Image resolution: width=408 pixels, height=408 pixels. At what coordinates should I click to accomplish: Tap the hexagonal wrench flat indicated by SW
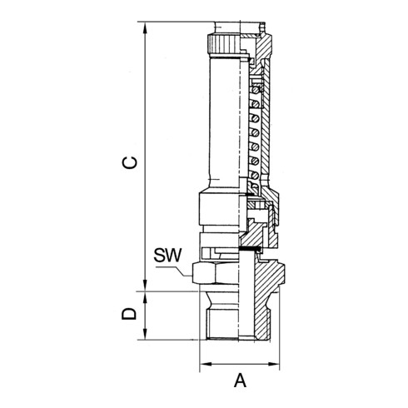pos(208,271)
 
